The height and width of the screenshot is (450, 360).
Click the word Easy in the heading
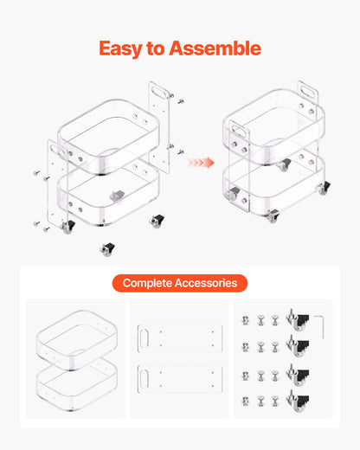point(120,48)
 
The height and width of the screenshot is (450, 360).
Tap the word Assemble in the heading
point(215,48)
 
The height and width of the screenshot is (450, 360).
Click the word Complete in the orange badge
point(147,283)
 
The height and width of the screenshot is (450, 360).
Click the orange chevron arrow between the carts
point(201,163)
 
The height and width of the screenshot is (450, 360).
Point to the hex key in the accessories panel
point(319,327)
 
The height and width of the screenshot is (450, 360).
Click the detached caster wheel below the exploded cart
point(107,249)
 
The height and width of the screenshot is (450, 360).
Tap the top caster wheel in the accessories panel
point(298,319)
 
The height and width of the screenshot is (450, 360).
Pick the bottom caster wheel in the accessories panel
point(298,401)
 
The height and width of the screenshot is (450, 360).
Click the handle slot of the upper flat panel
point(144,338)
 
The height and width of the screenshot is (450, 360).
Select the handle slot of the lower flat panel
point(144,378)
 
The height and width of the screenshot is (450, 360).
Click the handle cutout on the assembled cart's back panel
point(307,93)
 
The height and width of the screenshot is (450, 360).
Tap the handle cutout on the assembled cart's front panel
point(240,131)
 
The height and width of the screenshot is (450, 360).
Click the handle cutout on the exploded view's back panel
point(158,92)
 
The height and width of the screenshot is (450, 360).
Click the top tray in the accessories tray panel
point(77,339)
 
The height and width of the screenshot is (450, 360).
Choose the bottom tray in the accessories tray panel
point(77,383)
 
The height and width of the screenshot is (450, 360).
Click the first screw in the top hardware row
point(245,320)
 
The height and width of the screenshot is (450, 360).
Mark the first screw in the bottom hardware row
point(245,402)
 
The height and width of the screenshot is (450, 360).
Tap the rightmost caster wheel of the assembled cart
point(325,188)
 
